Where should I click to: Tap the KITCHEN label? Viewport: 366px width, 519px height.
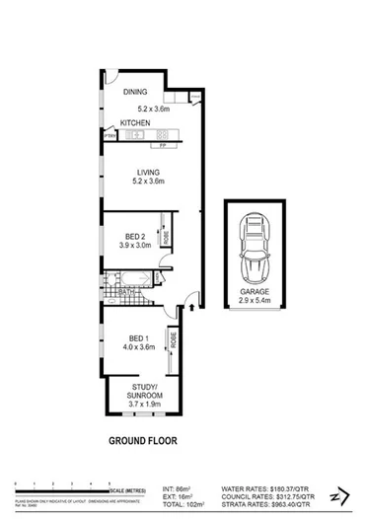135,123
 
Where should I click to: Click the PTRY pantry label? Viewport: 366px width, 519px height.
110,136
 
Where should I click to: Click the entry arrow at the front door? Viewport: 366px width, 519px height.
188,307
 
